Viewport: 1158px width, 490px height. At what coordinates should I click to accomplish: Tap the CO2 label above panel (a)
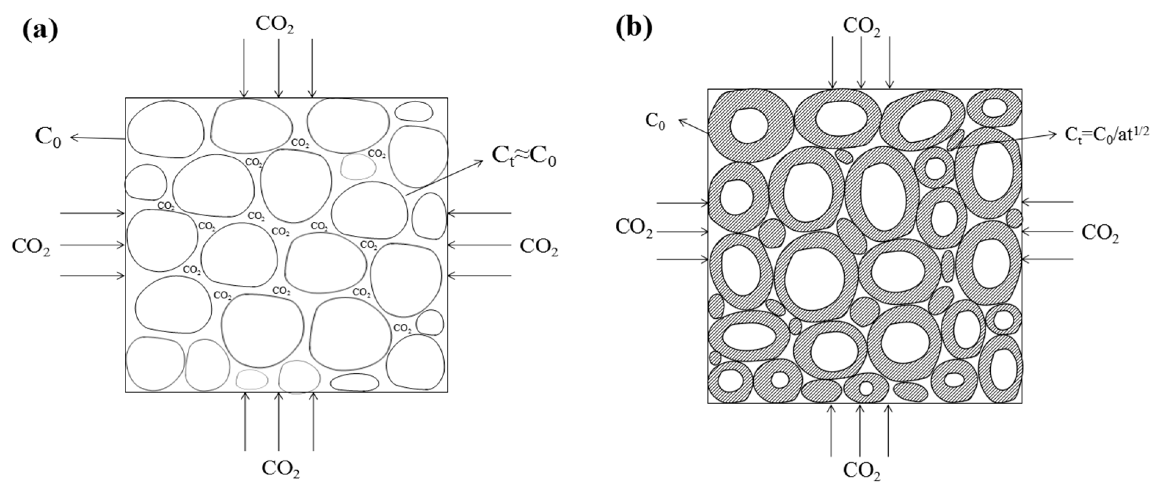coord(275,25)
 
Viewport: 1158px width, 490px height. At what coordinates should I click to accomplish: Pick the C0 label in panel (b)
coord(655,121)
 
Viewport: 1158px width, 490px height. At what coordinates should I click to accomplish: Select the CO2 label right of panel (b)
coord(1100,233)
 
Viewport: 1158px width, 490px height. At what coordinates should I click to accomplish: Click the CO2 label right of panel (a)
coord(539,247)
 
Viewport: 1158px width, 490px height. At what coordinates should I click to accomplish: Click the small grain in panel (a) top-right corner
coord(414,111)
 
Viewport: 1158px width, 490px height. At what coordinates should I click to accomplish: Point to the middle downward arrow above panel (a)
coord(279,67)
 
